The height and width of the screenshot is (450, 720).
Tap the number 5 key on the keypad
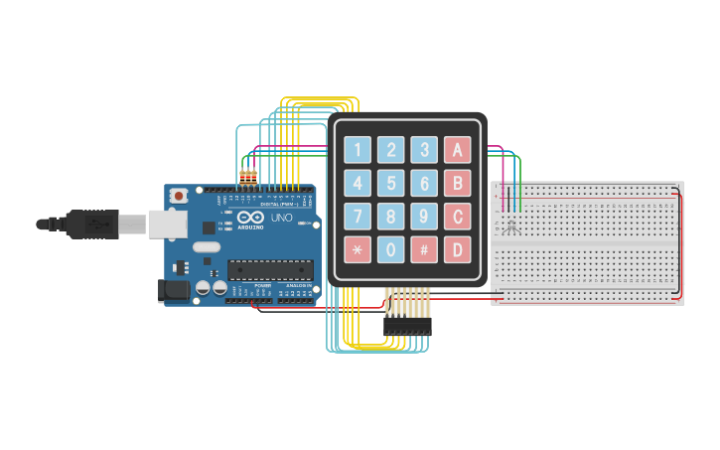click(390, 183)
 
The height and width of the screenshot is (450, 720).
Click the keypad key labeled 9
click(424, 216)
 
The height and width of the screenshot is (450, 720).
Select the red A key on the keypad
click(457, 150)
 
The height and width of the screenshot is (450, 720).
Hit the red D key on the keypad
click(457, 249)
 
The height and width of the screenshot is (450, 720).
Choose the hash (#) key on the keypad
click(424, 249)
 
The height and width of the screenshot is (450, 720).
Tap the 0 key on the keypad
click(390, 249)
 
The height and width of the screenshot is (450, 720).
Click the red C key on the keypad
click(457, 216)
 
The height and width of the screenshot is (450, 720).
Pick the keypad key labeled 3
click(424, 150)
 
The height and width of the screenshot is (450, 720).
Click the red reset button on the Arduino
click(178, 196)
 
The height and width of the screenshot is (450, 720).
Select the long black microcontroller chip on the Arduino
click(270, 269)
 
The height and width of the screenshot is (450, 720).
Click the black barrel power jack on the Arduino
click(173, 290)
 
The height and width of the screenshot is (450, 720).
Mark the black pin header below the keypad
click(407, 326)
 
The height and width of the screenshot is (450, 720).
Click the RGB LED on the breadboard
click(511, 226)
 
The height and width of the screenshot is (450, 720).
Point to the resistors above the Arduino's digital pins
click(248, 179)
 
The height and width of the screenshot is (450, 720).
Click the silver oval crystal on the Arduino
click(206, 246)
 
